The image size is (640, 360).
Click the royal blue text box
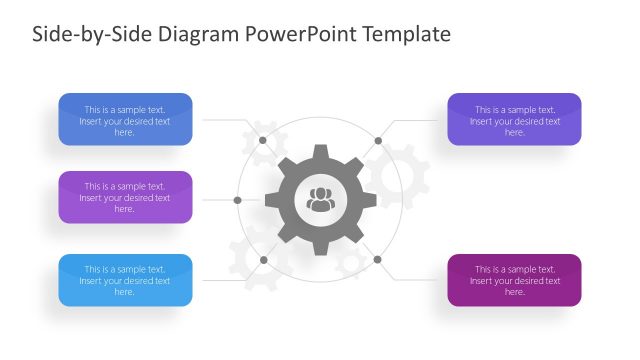[125, 120]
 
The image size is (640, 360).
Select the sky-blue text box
[125, 280]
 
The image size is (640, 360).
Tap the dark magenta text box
[514, 280]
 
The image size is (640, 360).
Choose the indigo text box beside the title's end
[514, 120]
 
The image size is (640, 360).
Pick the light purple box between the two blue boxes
[125, 197]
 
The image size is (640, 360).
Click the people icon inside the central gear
[320, 199]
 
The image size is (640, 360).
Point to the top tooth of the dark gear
[320, 153]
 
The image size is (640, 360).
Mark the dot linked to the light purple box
[237, 200]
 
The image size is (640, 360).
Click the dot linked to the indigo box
[378, 140]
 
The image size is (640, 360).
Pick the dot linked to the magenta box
[378, 260]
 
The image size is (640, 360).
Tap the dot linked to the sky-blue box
[263, 260]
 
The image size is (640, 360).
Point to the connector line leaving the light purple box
[215, 200]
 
